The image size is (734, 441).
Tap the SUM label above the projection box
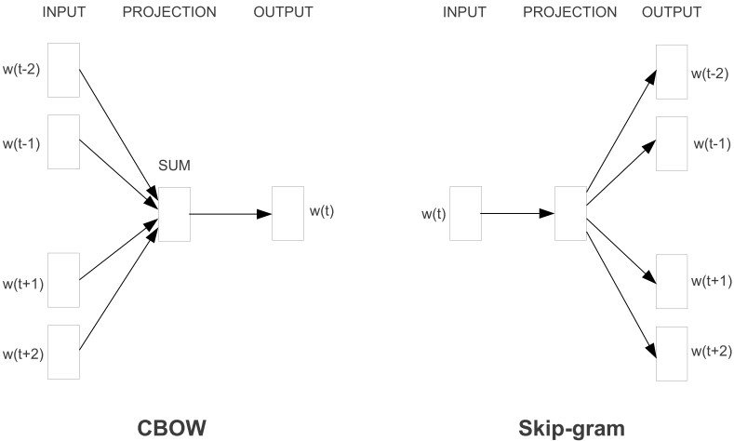tap(174, 166)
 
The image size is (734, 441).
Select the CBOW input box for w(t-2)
tap(63, 70)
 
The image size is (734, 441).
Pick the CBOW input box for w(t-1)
tap(63, 142)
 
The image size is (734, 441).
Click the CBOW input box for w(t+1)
tap(63, 280)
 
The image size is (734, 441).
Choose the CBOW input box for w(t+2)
tap(63, 353)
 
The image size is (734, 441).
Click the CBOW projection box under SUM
tap(174, 214)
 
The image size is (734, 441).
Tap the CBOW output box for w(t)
tap(287, 214)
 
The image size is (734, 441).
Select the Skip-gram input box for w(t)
tap(465, 214)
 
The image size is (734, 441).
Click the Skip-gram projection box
tap(569, 214)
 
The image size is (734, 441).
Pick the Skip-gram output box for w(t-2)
tap(672, 71)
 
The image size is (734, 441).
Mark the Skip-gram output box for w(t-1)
tap(672, 143)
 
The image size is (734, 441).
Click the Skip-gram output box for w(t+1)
tap(672, 281)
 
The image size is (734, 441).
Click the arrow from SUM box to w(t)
tap(231, 214)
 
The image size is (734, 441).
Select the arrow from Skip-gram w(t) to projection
tap(517, 214)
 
